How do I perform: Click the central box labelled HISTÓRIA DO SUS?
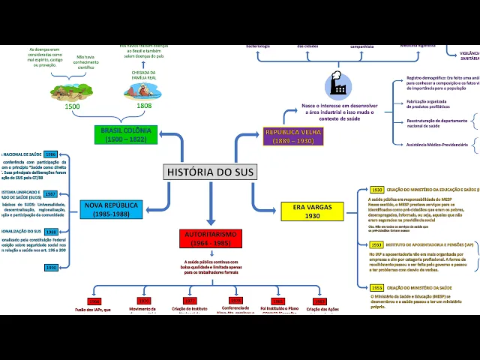[210, 172]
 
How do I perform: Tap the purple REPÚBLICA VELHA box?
[289, 136]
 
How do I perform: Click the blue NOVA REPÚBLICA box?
[112, 209]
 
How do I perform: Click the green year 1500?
[72, 106]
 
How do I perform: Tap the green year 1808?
[144, 106]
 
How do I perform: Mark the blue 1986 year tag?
[51, 154]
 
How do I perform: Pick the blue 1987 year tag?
[51, 193]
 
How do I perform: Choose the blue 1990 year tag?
[51, 268]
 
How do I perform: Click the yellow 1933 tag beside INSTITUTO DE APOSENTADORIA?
[376, 244]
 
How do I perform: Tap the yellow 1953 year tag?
[376, 288]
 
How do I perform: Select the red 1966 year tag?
[94, 301]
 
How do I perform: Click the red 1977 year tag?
[189, 301]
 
